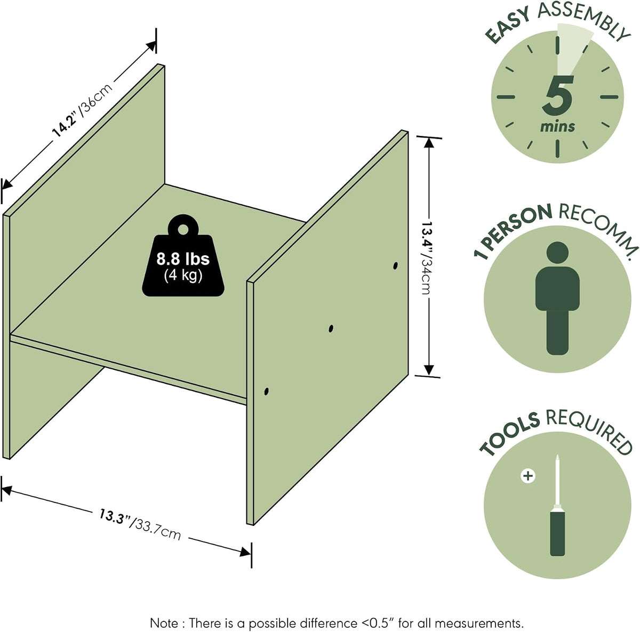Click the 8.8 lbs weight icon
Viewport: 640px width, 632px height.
(183, 255)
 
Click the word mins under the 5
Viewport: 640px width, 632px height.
(557, 126)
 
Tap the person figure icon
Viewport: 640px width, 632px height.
(558, 298)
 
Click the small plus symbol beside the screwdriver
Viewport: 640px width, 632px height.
(528, 476)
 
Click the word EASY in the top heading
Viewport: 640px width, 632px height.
(508, 26)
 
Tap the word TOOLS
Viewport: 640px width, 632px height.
(510, 435)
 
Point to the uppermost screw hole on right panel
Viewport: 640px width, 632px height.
(395, 266)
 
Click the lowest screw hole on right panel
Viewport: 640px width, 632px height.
(266, 391)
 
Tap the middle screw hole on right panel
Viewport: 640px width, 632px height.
(331, 329)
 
